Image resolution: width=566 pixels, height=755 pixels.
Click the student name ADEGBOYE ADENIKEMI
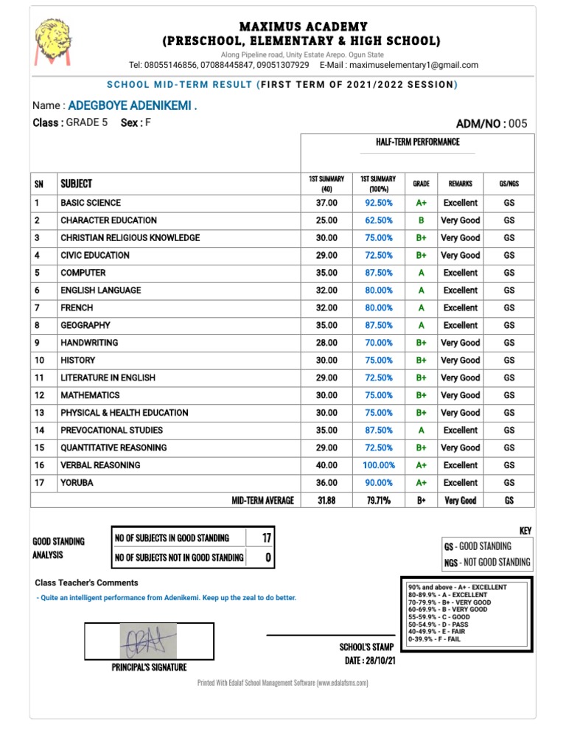[132, 106]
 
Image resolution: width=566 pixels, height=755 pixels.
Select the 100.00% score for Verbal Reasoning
[379, 465]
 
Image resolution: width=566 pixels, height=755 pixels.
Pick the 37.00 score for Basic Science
[326, 203]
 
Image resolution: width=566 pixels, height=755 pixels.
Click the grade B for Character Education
[422, 220]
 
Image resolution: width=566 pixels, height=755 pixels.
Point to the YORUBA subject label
[77, 483]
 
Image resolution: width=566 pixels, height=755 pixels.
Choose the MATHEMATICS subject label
[90, 395]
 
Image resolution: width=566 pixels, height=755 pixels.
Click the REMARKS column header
[460, 183]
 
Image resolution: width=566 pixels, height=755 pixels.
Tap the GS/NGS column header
[509, 183]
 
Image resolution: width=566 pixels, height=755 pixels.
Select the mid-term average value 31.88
[326, 501]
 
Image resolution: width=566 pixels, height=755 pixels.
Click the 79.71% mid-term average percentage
[379, 501]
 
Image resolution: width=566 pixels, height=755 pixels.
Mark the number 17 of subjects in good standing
[266, 538]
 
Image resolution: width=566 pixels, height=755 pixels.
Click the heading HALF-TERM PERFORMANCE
[417, 142]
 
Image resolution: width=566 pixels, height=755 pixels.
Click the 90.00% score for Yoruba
[379, 483]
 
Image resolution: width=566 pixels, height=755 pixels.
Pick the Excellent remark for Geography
[460, 325]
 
